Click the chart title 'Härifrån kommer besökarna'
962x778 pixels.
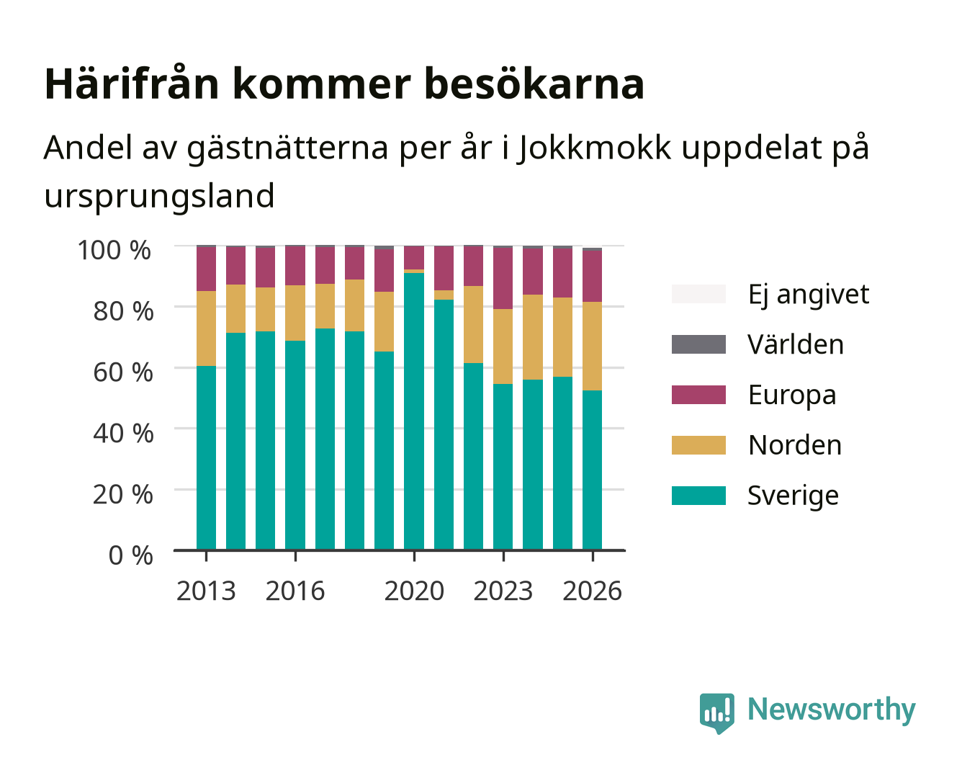(x=343, y=84)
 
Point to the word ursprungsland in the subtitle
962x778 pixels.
(x=159, y=196)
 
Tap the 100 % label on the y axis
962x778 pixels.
(x=114, y=250)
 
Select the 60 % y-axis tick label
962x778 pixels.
(x=123, y=372)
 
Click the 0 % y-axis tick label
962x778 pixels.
(x=130, y=555)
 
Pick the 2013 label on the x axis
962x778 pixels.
(x=206, y=591)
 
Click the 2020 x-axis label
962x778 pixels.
(x=414, y=591)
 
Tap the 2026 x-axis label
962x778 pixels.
(x=592, y=591)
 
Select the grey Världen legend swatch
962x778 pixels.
(x=698, y=344)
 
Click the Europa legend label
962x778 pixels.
(x=792, y=395)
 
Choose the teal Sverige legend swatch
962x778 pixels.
(x=698, y=495)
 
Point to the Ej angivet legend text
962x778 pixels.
(x=809, y=294)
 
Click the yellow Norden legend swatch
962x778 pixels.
(x=698, y=445)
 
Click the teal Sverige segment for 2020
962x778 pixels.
(x=414, y=411)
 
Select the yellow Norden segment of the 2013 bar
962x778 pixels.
(x=206, y=328)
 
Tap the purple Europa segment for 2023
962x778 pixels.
(x=503, y=278)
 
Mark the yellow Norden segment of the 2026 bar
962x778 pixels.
(x=592, y=346)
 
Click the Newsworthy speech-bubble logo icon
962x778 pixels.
(x=716, y=713)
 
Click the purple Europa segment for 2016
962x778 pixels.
(x=295, y=266)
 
